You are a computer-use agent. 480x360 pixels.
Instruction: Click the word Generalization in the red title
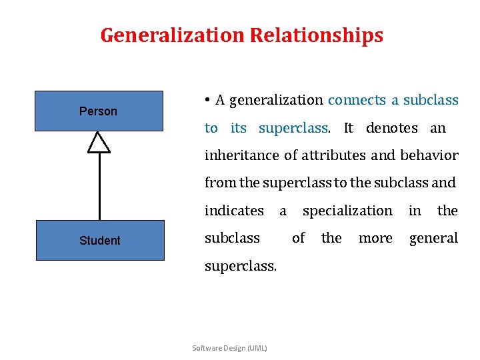point(173,35)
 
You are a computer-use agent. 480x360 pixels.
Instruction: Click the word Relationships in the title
point(317,35)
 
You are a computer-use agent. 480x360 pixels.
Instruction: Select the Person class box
point(99,111)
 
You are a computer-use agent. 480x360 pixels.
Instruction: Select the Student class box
point(99,240)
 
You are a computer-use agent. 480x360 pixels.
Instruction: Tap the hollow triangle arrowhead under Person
point(99,142)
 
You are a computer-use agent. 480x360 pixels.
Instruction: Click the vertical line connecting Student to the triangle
point(99,187)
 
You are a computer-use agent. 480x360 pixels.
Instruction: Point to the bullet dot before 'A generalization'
point(208,101)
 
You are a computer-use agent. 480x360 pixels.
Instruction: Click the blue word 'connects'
point(357,100)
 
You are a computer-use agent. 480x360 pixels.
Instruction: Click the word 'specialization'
point(347,211)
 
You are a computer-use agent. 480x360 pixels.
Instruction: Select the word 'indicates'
point(234,211)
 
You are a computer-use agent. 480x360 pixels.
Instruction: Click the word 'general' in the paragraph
point(433,238)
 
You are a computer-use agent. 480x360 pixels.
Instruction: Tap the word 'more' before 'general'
point(375,238)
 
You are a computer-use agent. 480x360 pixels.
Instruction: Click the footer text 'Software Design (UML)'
point(229,348)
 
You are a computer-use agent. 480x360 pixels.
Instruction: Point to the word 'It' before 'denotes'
point(349,127)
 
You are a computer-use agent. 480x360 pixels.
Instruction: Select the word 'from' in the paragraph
point(217,183)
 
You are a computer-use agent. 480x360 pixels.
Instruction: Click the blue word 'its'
point(238,127)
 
